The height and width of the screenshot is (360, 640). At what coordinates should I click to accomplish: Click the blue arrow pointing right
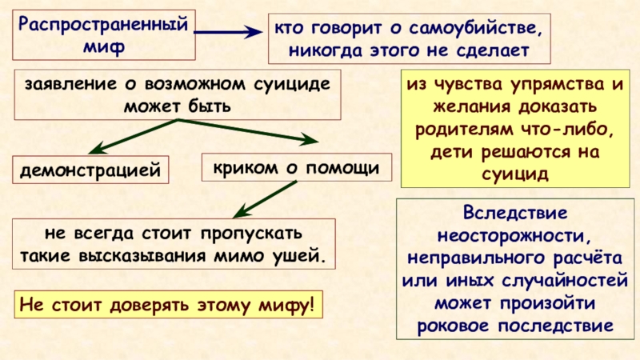[227, 34]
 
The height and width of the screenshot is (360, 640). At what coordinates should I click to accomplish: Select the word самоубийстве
[470, 30]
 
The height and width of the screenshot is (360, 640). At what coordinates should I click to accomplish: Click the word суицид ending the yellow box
[514, 172]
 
